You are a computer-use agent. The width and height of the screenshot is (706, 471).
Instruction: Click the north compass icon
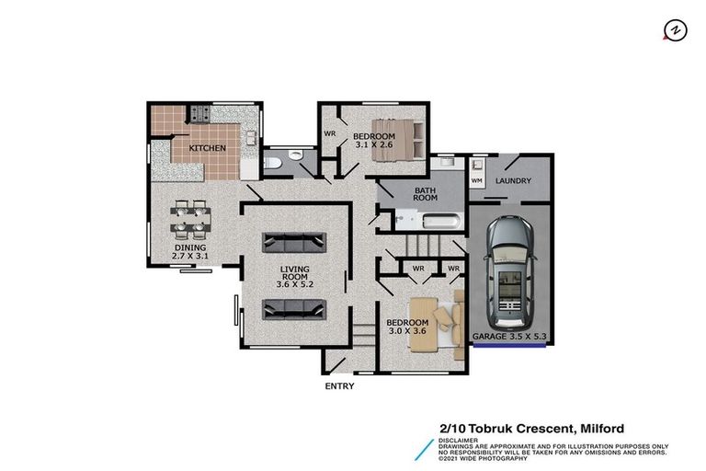click(676, 30)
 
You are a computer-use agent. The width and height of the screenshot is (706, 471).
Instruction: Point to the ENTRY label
click(339, 386)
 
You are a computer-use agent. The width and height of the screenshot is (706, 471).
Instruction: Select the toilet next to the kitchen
click(273, 163)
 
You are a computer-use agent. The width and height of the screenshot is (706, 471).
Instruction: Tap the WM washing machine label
click(476, 181)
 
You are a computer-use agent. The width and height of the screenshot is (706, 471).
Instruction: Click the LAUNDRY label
click(513, 181)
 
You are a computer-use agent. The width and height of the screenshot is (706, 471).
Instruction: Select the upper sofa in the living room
click(294, 242)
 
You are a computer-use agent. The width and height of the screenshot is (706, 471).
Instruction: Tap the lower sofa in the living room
click(294, 308)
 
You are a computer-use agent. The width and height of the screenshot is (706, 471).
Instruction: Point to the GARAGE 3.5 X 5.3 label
click(509, 338)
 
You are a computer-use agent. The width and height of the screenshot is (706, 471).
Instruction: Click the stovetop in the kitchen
click(200, 115)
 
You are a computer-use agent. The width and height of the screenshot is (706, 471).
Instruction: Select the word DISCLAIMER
click(458, 439)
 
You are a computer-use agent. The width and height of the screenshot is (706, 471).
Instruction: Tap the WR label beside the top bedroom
click(329, 134)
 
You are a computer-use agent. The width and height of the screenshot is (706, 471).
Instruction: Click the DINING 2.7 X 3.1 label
click(191, 252)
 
